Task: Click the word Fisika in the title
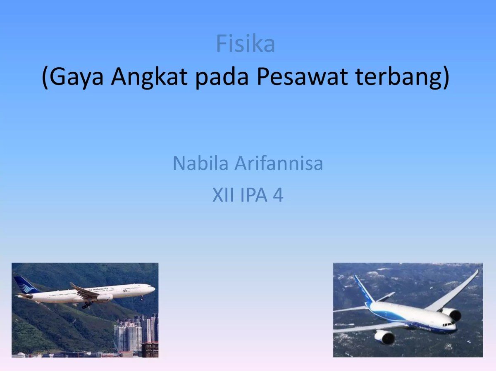tap(246, 44)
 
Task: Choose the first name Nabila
tap(200, 163)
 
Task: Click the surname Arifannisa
tap(279, 163)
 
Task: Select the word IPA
tap(253, 195)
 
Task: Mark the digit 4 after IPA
tap(278, 195)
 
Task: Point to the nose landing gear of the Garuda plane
tap(141, 297)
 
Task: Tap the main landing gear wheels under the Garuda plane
tap(87, 305)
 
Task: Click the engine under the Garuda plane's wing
tap(104, 297)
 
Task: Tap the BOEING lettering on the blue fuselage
tap(424, 328)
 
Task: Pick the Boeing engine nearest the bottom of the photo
tap(384, 336)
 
